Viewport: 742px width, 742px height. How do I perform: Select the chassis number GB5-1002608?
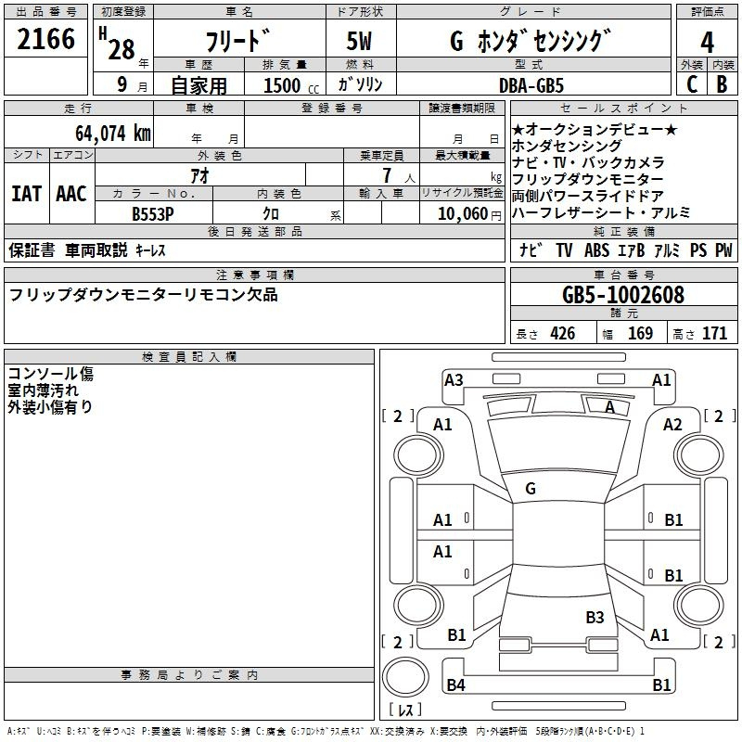click(623, 295)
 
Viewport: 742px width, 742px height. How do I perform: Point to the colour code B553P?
click(153, 212)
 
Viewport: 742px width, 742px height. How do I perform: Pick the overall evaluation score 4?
click(707, 43)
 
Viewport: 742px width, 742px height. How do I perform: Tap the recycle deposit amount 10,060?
click(460, 213)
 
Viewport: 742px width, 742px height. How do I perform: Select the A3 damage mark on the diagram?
click(454, 379)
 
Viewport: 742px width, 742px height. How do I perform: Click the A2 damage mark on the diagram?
click(672, 424)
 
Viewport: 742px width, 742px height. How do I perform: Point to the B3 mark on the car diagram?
click(595, 617)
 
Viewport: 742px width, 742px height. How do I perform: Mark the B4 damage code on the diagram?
click(455, 685)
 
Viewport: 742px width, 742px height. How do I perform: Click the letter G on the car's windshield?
click(531, 488)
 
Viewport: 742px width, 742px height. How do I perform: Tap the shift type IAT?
click(26, 194)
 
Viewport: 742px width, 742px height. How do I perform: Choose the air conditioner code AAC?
click(70, 194)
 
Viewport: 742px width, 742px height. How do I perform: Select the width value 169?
click(640, 333)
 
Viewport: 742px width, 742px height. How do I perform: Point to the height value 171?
click(714, 333)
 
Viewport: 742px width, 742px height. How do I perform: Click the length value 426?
click(562, 333)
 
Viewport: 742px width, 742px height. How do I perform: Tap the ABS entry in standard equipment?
click(596, 250)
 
